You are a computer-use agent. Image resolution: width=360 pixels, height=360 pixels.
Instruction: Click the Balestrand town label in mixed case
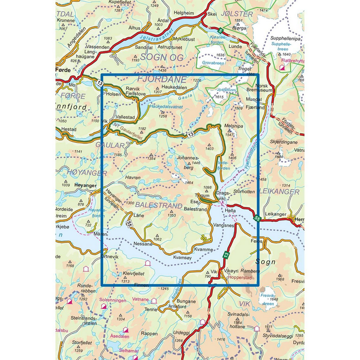pos(195,209)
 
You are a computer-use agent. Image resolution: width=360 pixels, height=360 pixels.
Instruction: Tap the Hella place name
pos(230,210)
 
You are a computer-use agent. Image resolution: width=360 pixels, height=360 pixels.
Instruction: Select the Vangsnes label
pos(223,224)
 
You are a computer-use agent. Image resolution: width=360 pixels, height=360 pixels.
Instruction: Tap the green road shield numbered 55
pos(257,218)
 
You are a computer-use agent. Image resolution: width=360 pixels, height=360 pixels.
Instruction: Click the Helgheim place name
pos(184,13)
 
